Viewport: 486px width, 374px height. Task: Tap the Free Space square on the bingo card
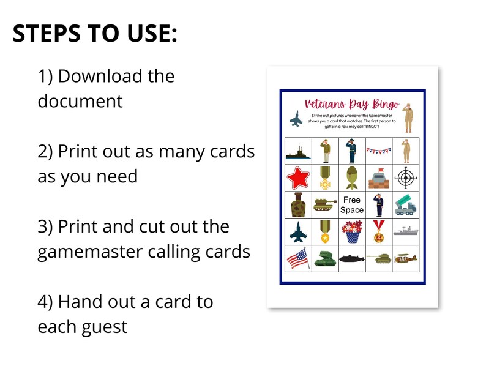(352, 205)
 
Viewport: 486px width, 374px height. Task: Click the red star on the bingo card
(298, 178)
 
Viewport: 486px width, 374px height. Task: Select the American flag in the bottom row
(298, 258)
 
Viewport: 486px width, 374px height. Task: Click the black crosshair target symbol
(405, 178)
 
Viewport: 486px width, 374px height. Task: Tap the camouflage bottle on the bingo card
(298, 205)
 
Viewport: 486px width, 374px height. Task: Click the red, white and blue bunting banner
(378, 150)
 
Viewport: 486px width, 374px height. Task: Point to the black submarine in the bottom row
(352, 260)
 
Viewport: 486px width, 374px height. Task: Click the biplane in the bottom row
(405, 259)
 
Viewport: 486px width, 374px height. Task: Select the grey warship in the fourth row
(405, 232)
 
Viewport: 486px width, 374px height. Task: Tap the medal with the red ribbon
(379, 232)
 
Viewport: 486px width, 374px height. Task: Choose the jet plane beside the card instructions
(296, 119)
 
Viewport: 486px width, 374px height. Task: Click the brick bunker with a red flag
(379, 178)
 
